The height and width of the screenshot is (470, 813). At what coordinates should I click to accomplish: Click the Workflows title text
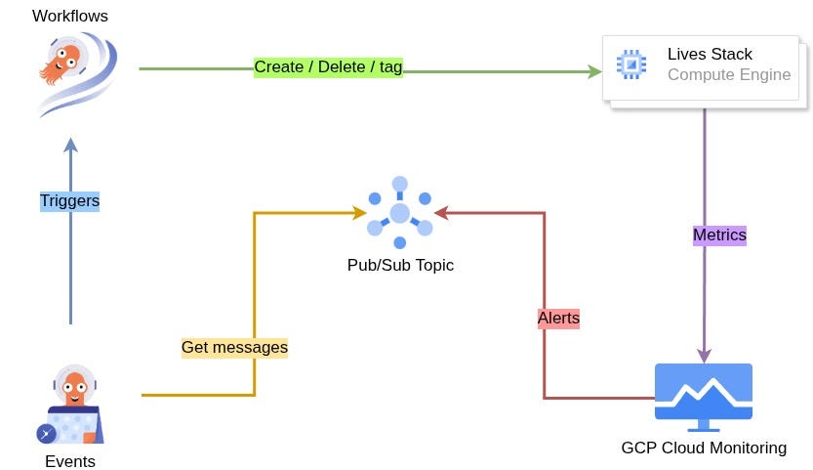[70, 16]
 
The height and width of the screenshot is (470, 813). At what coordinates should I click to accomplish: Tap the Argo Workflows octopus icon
[78, 73]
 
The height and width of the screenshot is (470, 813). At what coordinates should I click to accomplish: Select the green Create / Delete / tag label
[328, 67]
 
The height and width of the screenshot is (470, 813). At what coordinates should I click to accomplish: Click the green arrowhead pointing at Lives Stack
[594, 71]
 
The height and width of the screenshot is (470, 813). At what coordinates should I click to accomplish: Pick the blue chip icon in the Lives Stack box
[631, 64]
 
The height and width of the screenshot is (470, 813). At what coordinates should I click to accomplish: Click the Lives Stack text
[710, 54]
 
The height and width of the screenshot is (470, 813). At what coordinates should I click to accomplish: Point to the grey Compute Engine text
[729, 75]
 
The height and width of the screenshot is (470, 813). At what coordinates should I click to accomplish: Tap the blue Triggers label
[69, 201]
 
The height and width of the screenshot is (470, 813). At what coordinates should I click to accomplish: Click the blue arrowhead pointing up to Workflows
[70, 145]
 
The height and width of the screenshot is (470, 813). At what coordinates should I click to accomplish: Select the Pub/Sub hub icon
[400, 213]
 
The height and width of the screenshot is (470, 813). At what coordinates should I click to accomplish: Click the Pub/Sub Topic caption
[400, 265]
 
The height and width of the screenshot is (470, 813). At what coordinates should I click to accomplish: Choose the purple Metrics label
[719, 235]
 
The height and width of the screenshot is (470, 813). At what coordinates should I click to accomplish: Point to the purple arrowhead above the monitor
[704, 356]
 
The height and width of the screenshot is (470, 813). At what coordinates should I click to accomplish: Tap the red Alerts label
[558, 318]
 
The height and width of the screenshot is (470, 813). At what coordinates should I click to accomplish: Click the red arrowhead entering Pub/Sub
[441, 212]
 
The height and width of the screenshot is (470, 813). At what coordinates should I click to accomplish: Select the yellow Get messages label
[234, 348]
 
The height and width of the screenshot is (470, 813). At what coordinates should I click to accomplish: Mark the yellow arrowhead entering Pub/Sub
[359, 212]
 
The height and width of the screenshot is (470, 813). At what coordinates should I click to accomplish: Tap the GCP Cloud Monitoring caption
[704, 448]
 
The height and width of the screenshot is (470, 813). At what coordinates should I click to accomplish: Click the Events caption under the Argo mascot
[70, 461]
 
